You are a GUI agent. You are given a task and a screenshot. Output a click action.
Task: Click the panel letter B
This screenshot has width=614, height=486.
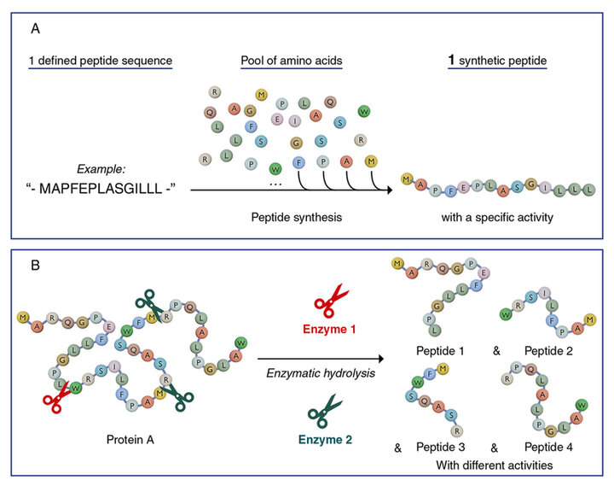pos(35,265)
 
